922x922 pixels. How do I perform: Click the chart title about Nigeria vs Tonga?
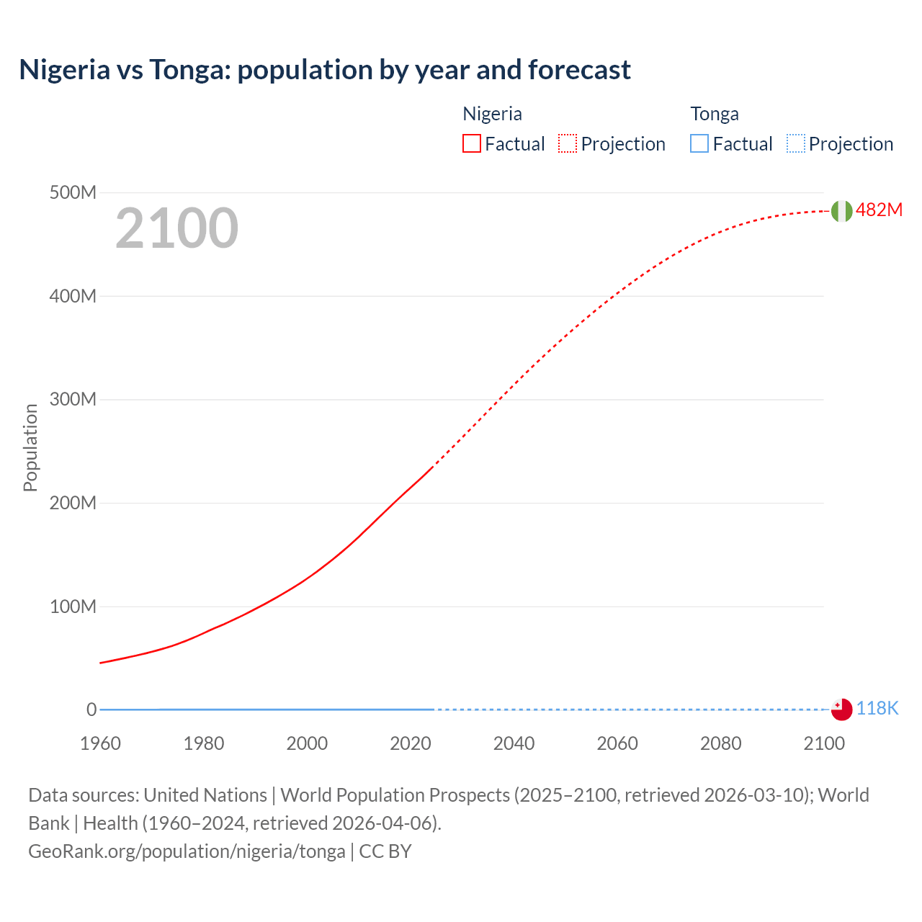coord(325,70)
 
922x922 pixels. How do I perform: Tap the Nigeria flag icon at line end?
coord(841,211)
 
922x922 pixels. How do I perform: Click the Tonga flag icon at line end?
coord(841,709)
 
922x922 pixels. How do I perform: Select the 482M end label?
coord(879,210)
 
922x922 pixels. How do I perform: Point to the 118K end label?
coord(877,708)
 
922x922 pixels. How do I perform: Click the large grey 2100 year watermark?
coord(176,228)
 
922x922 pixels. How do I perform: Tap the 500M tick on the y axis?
coord(73,192)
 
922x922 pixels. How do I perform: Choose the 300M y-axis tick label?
coord(73,399)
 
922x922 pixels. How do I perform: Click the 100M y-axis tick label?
coord(73,607)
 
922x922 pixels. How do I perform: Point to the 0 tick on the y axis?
coord(91,710)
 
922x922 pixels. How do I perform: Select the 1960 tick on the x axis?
coord(100,743)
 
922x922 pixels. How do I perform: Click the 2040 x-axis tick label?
coord(514,743)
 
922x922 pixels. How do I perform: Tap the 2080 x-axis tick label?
coord(720,743)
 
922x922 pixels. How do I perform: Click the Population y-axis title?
coord(30,447)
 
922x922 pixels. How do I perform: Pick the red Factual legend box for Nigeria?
coord(472,143)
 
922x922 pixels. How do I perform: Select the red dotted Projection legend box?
coord(568,143)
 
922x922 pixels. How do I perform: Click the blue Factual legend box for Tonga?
coord(699,143)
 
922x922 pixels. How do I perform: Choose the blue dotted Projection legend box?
coord(795,143)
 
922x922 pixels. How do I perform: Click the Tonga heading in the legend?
coord(715,114)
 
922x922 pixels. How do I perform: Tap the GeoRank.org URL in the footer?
coord(187,851)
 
